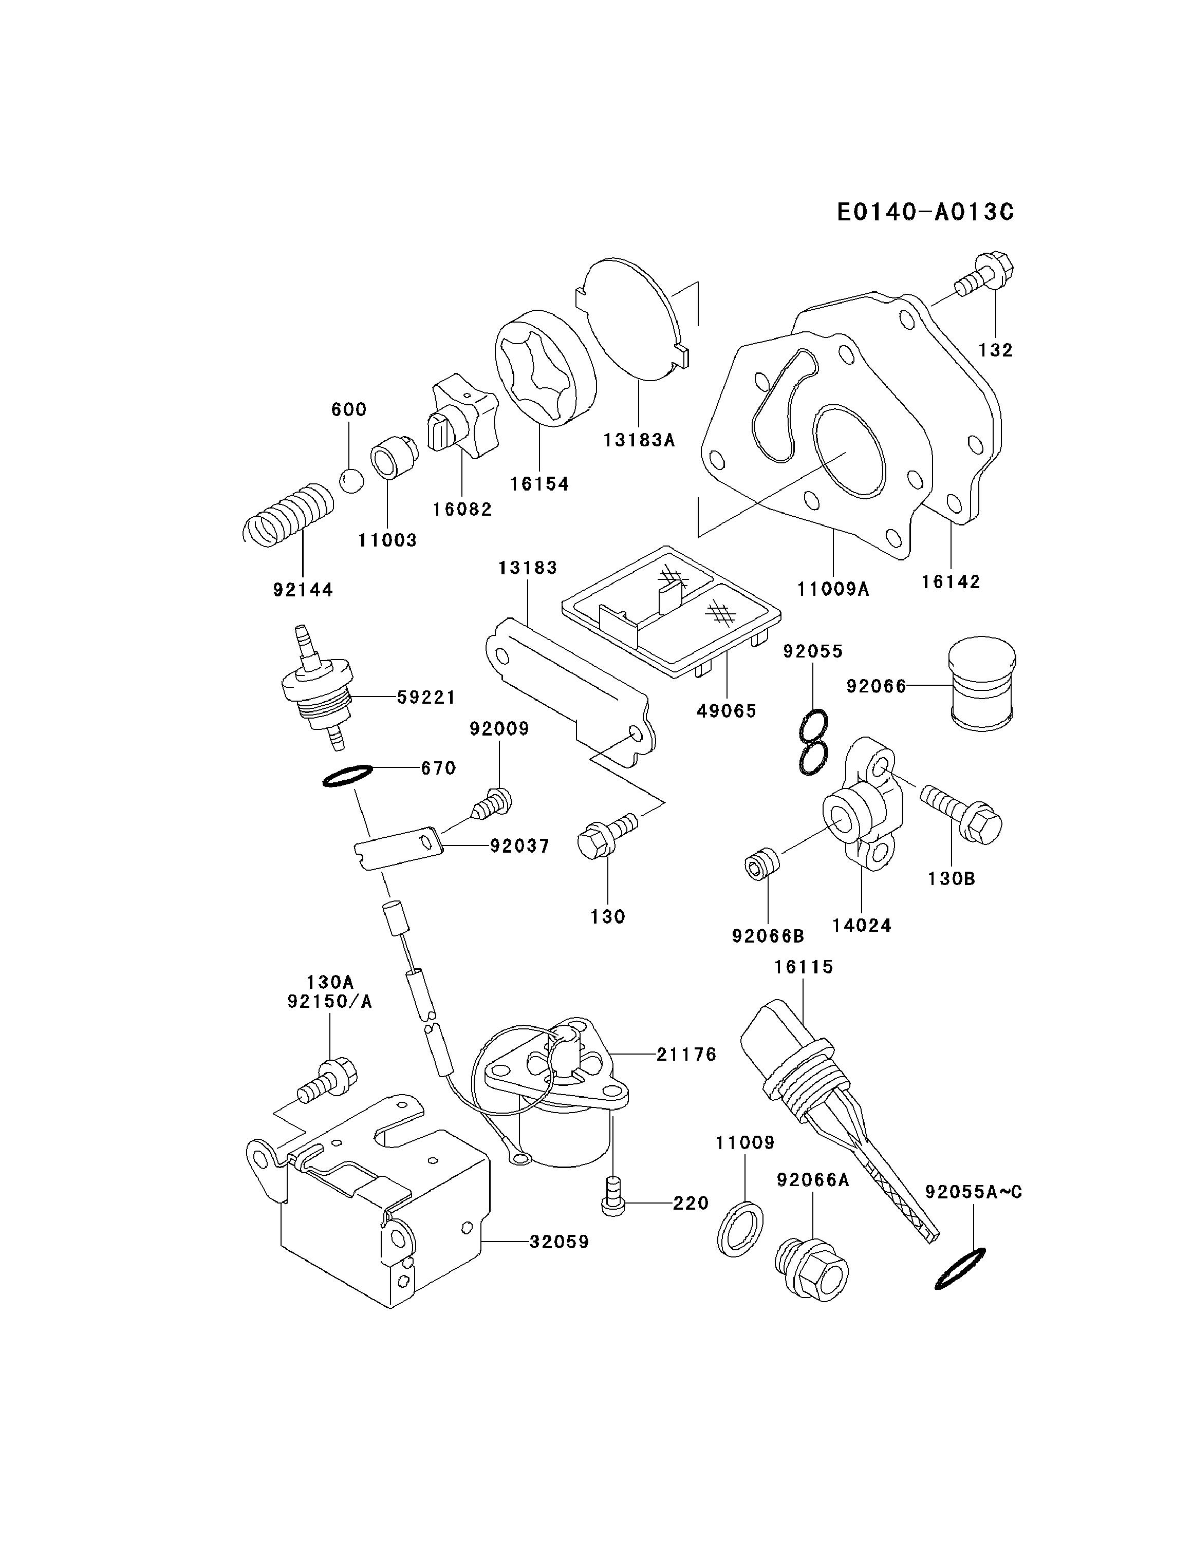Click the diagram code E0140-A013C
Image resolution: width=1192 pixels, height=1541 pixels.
coord(925,212)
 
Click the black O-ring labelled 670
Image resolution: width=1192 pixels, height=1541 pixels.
coord(347,776)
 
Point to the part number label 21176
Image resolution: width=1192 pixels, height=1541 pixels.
coord(687,1074)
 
